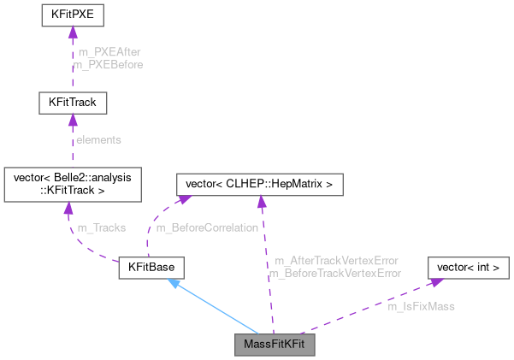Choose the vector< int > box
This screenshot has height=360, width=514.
click(x=468, y=268)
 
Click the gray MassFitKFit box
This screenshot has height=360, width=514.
click(x=275, y=345)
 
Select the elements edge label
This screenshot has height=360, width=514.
click(x=99, y=139)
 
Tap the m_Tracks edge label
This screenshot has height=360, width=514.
click(x=101, y=227)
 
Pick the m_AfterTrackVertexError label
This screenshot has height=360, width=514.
click(x=336, y=260)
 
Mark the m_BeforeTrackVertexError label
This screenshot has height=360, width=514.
click(x=335, y=273)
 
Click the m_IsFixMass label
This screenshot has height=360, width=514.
click(x=421, y=305)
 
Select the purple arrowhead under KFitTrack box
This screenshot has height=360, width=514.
click(x=73, y=121)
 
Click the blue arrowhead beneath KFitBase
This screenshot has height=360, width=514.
click(x=174, y=284)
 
